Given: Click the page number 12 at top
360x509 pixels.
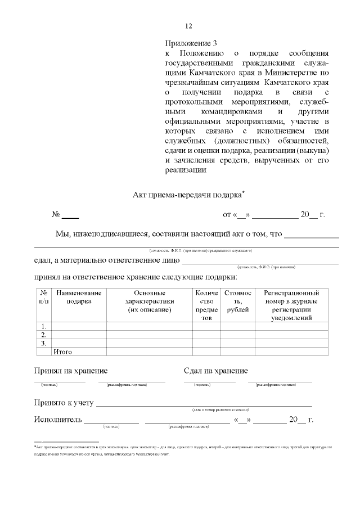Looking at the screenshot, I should click(188, 26).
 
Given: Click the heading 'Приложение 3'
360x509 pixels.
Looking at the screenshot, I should click(191, 43).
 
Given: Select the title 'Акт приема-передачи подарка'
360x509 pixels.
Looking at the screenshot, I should click(187, 195).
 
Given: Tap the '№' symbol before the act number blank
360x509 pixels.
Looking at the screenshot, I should click(56, 215).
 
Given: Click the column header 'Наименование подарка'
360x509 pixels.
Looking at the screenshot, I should click(79, 297).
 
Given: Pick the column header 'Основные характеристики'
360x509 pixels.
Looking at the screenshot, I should click(149, 301).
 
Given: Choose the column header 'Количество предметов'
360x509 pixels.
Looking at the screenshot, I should click(206, 305).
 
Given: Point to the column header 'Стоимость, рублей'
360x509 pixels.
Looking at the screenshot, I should click(237, 297).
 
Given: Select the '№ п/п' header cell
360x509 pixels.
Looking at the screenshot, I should click(44, 297).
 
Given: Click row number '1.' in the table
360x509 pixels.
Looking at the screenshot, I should click(44, 326).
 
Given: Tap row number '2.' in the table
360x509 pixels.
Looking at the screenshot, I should click(44, 335).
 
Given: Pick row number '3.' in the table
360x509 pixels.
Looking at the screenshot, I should click(44, 343).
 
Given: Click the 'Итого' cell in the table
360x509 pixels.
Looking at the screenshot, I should click(62, 352).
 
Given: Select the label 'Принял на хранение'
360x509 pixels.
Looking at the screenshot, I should click(71, 371).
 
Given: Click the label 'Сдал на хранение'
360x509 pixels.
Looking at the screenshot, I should click(215, 371).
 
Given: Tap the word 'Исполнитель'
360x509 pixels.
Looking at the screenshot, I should click(58, 420).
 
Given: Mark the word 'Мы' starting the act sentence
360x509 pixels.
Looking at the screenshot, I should click(62, 234).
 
